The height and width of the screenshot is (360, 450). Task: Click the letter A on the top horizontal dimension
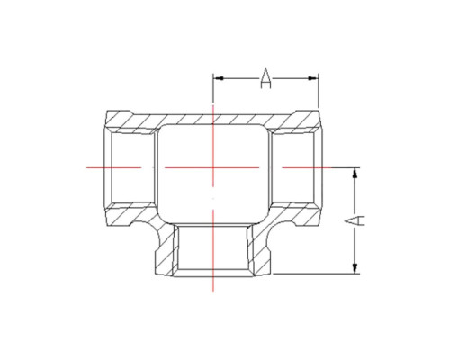[265, 78]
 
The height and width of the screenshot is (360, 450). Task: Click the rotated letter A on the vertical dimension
[355, 220]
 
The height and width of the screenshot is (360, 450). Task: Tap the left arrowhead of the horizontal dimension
[218, 78]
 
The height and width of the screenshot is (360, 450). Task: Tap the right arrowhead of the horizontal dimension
[313, 78]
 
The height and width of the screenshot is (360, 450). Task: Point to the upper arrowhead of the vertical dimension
[355, 174]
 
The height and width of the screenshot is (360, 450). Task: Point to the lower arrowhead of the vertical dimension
[355, 268]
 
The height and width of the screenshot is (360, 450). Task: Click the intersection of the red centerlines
[213, 167]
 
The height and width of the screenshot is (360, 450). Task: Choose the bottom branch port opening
[213, 250]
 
